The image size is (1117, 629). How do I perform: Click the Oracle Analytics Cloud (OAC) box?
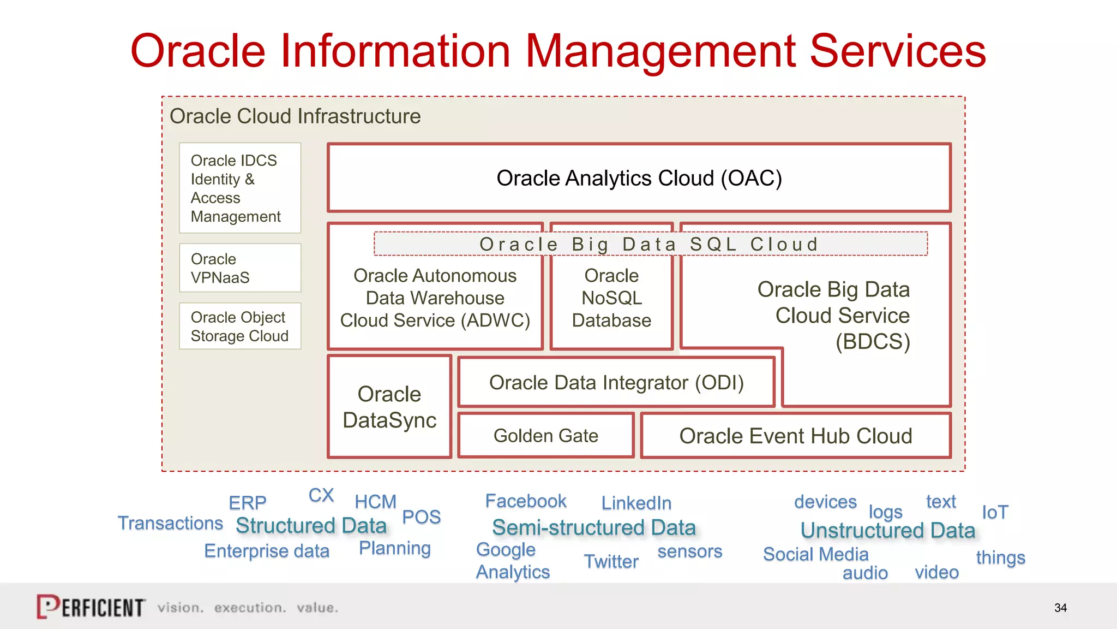(639, 178)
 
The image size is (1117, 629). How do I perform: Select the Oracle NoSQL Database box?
(611, 298)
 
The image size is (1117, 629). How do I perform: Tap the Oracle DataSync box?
(389, 407)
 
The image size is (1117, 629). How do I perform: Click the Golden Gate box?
(546, 436)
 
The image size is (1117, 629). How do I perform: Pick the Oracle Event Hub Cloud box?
(795, 436)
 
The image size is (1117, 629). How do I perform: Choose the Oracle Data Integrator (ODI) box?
(616, 383)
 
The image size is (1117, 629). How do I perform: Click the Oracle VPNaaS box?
(240, 268)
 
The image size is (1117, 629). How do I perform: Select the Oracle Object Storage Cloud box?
(240, 327)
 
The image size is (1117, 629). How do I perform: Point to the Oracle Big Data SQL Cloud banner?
(650, 244)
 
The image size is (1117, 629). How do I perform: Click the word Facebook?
(526, 501)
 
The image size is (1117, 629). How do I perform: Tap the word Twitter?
(611, 561)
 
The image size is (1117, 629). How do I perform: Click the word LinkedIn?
(636, 503)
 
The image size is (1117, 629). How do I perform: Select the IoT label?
(995, 512)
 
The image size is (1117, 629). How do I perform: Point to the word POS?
(421, 517)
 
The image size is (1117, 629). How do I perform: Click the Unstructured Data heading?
(887, 530)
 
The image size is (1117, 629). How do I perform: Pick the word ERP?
(248, 502)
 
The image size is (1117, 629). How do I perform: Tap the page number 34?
(1060, 608)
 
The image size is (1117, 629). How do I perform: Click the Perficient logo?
(91, 607)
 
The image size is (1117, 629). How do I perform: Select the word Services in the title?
(898, 51)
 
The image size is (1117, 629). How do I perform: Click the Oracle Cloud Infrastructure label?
(295, 116)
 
